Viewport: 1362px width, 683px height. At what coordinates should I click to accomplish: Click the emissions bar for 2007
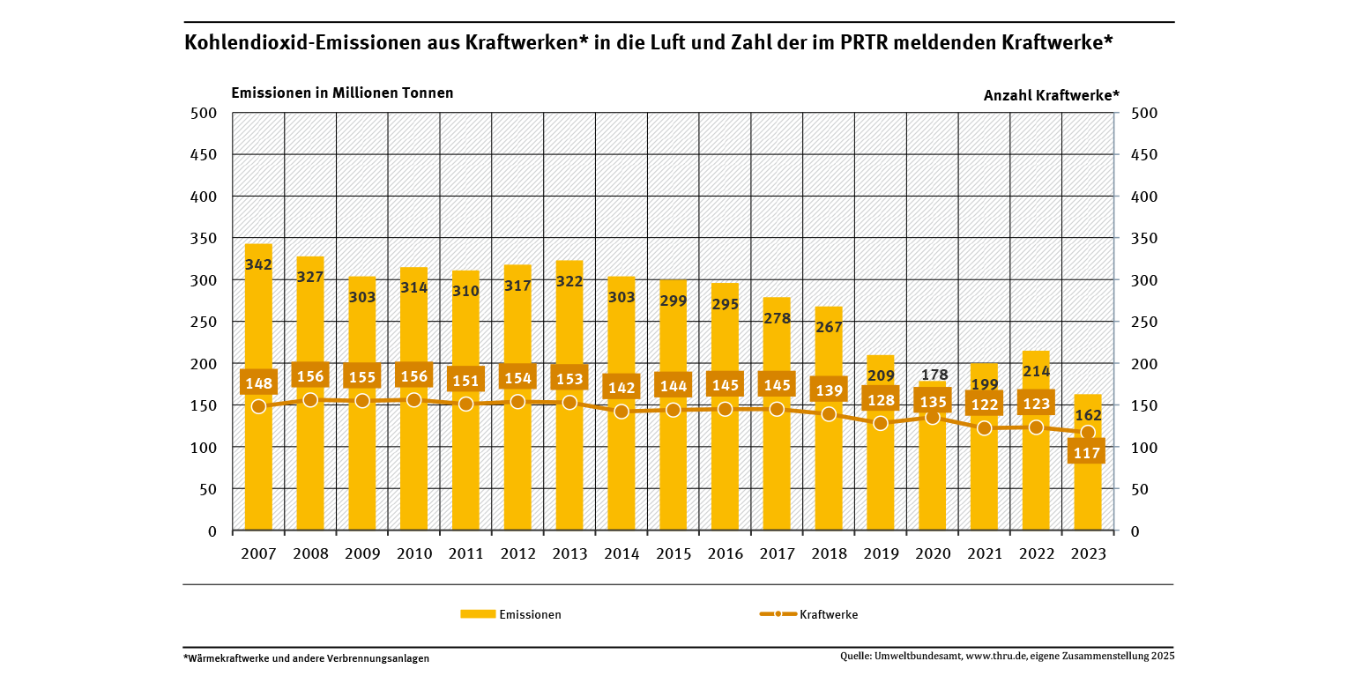point(258,467)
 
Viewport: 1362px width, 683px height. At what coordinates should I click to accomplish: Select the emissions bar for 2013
point(569,467)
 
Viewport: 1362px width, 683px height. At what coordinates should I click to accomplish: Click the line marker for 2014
point(621,412)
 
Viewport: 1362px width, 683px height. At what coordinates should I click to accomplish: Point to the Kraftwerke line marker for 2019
point(881,423)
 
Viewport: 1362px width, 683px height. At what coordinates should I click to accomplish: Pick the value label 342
point(258,264)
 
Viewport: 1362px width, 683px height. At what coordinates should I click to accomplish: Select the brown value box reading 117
point(1086,453)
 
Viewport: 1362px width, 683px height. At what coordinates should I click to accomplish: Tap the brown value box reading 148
point(258,382)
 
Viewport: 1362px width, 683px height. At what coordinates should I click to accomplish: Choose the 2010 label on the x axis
point(414,554)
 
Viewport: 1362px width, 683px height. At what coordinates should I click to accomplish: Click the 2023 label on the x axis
point(1088,554)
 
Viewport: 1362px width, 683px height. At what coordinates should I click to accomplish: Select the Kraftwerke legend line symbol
point(778,614)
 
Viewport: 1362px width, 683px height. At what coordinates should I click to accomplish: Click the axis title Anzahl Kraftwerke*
point(1051,95)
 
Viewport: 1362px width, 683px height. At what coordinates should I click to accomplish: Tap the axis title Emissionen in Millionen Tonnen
point(342,93)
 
